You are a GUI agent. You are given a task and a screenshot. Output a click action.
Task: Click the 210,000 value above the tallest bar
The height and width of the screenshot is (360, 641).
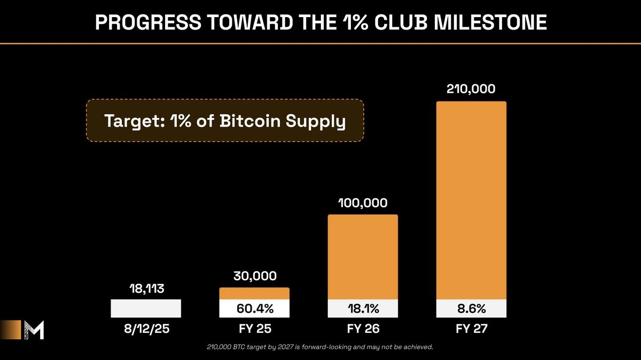pos(471,89)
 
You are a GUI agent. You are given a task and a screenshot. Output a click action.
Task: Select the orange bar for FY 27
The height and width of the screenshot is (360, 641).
pos(471,200)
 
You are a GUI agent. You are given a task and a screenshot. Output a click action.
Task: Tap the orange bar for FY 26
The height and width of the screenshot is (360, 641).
pos(363,257)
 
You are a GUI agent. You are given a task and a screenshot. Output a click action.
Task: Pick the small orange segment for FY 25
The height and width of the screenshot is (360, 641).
pos(254,294)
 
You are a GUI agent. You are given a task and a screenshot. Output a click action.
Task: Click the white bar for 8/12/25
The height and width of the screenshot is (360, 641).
pos(146,309)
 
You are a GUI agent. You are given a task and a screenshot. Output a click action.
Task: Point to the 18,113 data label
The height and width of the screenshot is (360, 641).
pos(147,289)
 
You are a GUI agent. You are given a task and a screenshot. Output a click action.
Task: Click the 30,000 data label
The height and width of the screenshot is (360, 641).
pos(255,276)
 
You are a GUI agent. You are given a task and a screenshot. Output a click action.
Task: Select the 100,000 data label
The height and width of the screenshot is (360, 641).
pos(363,203)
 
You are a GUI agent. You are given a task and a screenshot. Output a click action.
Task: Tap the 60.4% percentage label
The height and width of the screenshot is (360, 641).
pos(255,309)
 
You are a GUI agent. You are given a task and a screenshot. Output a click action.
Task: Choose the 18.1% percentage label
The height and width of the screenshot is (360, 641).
pos(363,309)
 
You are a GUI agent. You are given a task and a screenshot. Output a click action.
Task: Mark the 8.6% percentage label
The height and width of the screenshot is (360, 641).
pos(471,309)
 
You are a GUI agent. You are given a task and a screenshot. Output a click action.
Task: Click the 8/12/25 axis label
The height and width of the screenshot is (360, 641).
pos(147,329)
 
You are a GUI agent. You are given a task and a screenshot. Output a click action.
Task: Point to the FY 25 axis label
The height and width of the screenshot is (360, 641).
pos(255,329)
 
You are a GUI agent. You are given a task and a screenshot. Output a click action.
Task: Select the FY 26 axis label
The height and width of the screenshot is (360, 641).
pos(363,329)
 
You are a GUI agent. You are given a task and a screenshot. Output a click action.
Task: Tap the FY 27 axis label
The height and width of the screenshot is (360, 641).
pos(471,329)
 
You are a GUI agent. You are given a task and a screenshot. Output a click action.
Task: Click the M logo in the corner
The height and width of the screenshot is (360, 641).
pos(34,330)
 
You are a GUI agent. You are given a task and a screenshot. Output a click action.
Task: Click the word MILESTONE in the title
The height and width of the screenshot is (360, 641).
pos(490,22)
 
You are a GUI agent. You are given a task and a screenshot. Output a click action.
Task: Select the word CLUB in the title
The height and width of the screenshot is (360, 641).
pos(401,22)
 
